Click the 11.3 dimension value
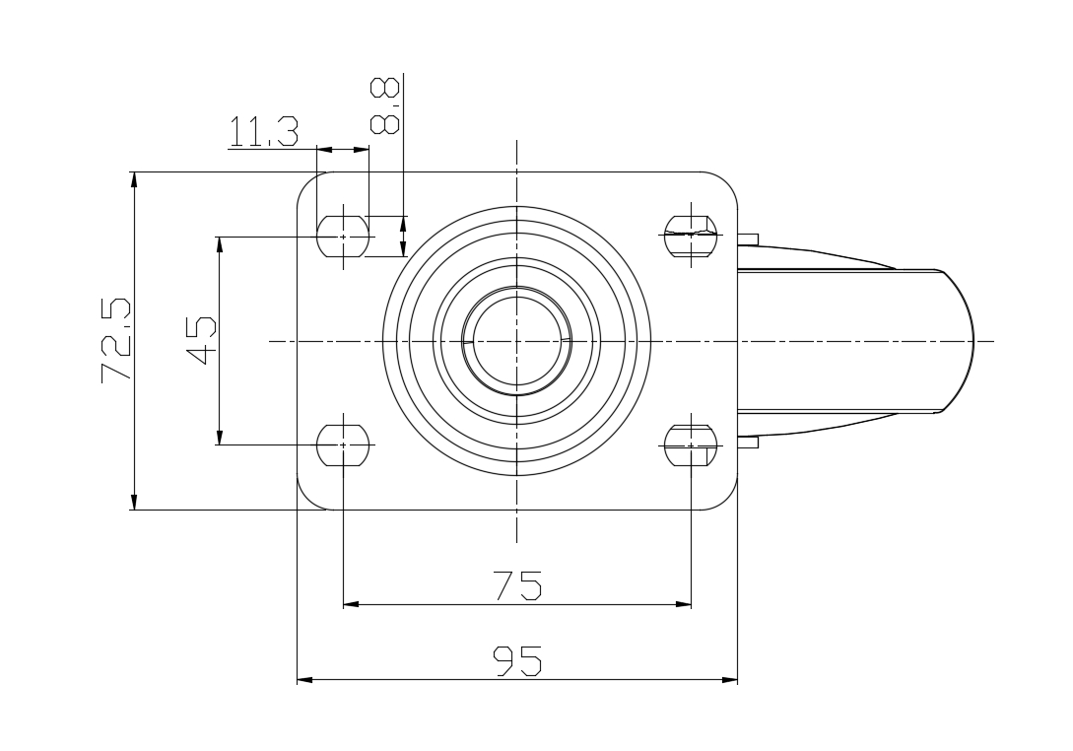point(263,131)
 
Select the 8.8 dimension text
point(384,105)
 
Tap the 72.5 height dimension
point(115,340)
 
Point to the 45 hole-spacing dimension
point(201,340)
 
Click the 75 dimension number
point(518,585)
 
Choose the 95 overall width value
point(518,660)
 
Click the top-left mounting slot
point(343,237)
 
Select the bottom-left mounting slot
point(343,445)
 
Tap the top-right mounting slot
point(691,236)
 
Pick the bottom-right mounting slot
point(691,445)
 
